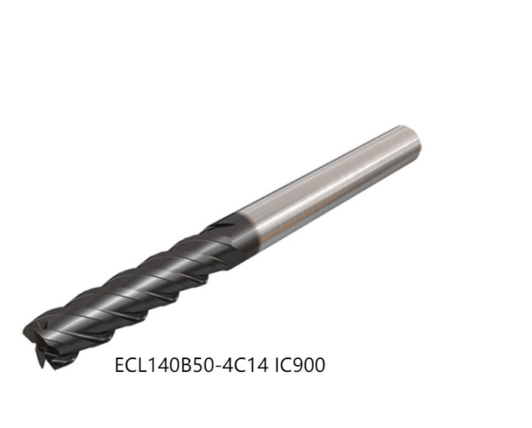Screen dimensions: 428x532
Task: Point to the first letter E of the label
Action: [120, 366]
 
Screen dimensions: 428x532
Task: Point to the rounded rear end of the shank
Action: [415, 142]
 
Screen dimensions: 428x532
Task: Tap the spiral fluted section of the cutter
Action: [129, 288]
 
